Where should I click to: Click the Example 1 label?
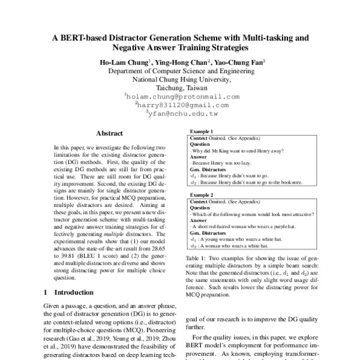click(202, 131)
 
